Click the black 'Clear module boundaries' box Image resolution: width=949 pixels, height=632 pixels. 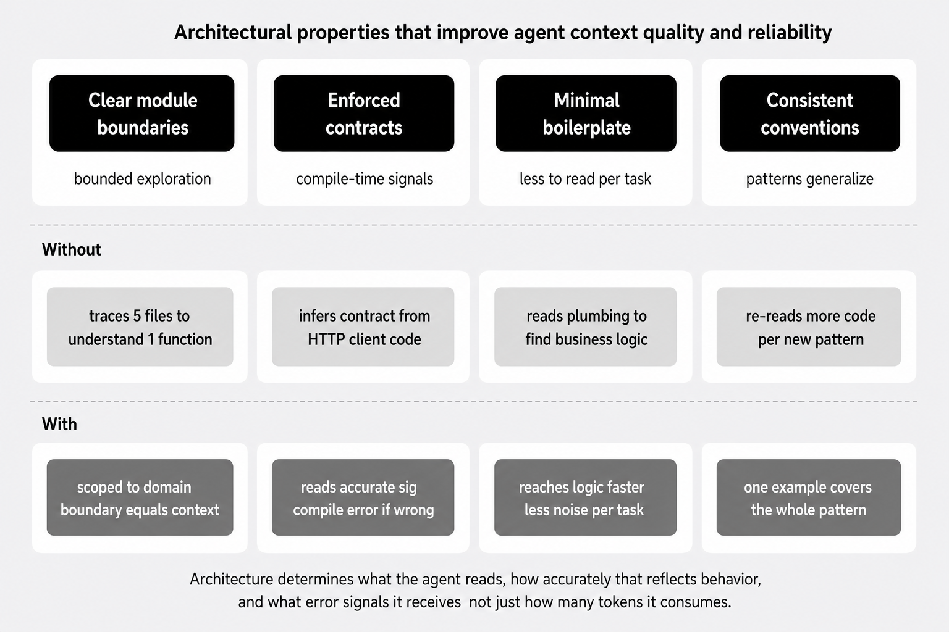pos(142,114)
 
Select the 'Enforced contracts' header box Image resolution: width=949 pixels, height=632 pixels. pos(364,114)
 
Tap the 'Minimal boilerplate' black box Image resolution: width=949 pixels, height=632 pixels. pos(586,114)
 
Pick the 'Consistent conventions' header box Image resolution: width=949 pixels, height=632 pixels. pos(810,114)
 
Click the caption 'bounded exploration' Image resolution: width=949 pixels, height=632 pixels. pos(142,178)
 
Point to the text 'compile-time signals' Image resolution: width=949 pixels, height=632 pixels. pos(365,178)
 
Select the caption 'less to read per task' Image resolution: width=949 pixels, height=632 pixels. pos(586,178)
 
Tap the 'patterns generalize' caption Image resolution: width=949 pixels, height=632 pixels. pos(809,178)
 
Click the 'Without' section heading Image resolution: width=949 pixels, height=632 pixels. pos(71,249)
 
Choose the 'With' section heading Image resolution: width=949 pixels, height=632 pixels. pos(59,424)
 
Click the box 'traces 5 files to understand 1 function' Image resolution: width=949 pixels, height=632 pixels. pos(140,326)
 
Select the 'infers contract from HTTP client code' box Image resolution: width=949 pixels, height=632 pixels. pos(363,326)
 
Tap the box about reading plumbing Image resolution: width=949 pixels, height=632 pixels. pos(586,326)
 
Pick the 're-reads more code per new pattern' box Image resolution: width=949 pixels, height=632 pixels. pos(809,326)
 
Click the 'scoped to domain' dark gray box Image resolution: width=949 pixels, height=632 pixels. pos(140,497)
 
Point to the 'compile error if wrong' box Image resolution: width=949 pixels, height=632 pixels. pos(363,497)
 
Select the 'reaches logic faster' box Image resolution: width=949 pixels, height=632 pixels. pos(586,497)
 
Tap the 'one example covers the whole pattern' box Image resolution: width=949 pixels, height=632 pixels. pos(809,497)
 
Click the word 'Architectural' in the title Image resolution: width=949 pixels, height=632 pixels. pos(233,32)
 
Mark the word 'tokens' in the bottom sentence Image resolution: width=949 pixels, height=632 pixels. pos(619,602)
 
